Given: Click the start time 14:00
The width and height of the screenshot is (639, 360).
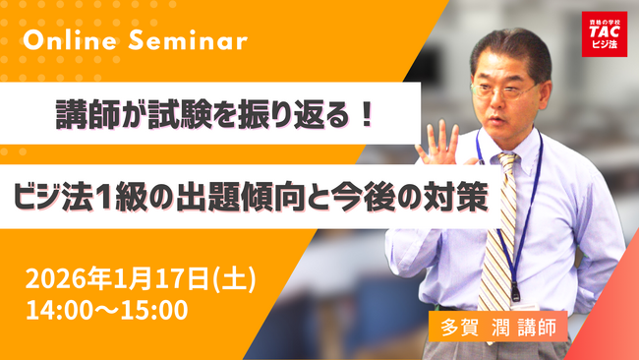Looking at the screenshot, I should click(x=60, y=310).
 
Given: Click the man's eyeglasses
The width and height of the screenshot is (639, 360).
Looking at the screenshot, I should click(x=507, y=86).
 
